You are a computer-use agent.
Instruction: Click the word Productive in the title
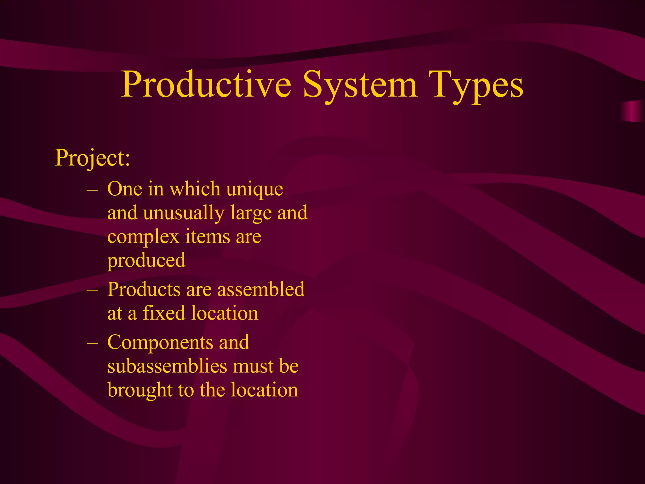206,84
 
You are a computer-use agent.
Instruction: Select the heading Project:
92,158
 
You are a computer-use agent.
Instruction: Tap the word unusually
184,213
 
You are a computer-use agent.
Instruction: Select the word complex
143,237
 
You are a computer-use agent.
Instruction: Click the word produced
146,261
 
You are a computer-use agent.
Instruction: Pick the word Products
144,289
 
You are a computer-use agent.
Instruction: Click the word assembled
261,289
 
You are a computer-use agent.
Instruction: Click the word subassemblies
167,366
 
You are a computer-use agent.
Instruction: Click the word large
251,213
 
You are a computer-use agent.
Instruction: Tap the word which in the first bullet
195,189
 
